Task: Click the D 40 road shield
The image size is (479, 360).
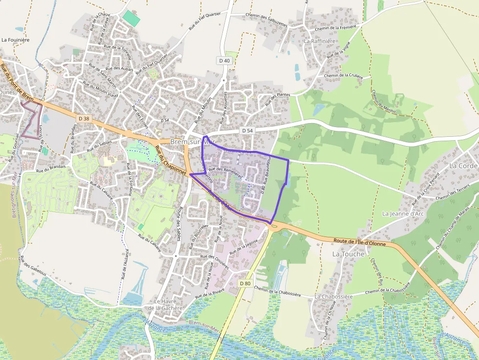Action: pyautogui.click(x=224, y=60)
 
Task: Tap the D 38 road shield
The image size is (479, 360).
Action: pyautogui.click(x=84, y=118)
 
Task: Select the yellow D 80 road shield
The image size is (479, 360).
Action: pyautogui.click(x=245, y=283)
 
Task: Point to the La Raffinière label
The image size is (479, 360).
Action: pyautogui.click(x=320, y=42)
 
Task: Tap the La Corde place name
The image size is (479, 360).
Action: pyautogui.click(x=463, y=166)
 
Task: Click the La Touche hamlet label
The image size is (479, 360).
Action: pyautogui.click(x=348, y=254)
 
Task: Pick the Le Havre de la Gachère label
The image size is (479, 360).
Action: pyautogui.click(x=165, y=305)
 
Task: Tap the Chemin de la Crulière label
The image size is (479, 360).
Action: pyautogui.click(x=344, y=76)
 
